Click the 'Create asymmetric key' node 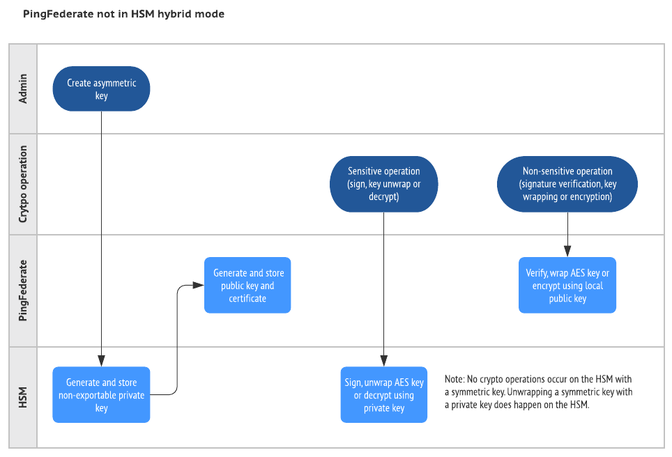pos(101,88)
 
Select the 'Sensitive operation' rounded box pos(383,184)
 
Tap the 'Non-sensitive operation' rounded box pos(567,184)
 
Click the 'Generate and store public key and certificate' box pos(247,286)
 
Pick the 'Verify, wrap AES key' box pos(567,286)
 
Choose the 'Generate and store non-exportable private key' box pos(101,395)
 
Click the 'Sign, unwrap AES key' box pos(383,395)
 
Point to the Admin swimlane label pos(23,89)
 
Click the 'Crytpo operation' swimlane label pos(23,184)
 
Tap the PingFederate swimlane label pos(23,291)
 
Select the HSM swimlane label pos(23,398)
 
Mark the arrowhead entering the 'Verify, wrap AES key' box pos(567,253)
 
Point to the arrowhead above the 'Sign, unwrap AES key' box pos(383,362)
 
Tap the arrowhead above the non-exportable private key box pos(101,362)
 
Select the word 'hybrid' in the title pos(175,14)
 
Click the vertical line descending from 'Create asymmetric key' pos(101,230)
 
